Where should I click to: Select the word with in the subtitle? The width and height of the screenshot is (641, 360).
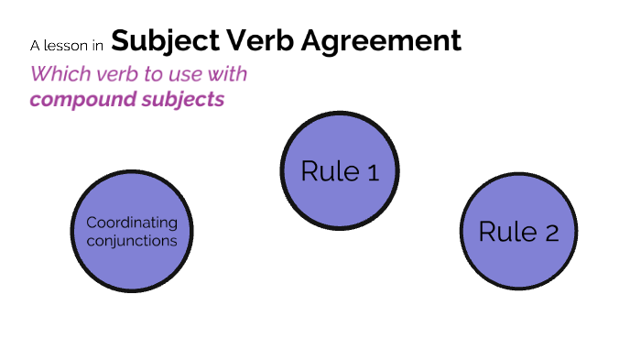point(227,74)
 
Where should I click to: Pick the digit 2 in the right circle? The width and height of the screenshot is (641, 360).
point(551,234)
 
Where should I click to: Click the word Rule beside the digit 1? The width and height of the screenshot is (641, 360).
point(330,171)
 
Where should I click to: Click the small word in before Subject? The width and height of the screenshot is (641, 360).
point(96,45)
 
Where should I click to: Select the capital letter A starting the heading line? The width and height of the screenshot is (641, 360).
point(35,45)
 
